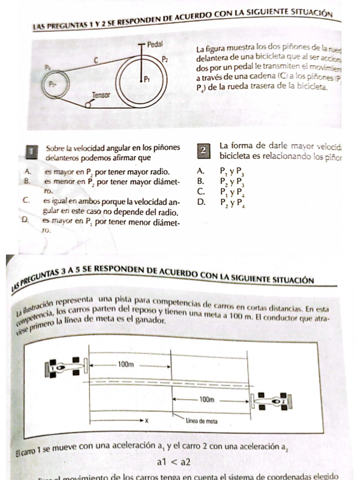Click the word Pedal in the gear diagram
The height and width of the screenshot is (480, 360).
coord(155,45)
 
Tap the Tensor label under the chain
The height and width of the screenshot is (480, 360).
coord(101,95)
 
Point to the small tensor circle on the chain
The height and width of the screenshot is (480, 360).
coord(88,105)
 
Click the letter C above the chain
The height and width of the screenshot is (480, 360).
coord(95,60)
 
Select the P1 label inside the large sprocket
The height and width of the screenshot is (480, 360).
coord(147,78)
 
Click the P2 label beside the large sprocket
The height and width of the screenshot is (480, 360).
coord(165,59)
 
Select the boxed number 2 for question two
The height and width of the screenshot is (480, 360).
coord(203,150)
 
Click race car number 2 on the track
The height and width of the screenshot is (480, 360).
coord(271,401)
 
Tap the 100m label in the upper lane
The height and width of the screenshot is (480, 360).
coord(126,364)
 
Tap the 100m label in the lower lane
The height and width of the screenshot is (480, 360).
coord(207,400)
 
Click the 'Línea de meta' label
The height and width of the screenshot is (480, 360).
coord(202,421)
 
